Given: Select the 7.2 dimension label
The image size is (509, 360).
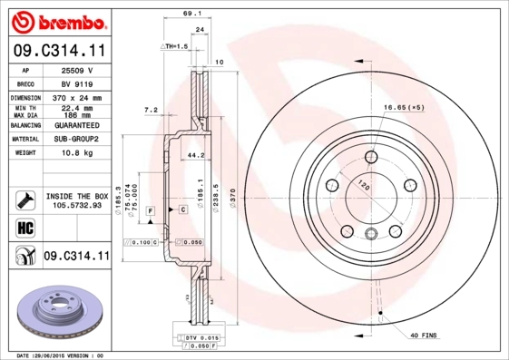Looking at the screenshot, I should pos(151,110).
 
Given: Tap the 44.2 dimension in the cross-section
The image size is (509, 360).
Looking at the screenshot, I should pos(192,155).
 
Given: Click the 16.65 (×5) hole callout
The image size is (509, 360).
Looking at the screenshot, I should pos(404,108).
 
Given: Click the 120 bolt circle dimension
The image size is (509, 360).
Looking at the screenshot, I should pos(366,186).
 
